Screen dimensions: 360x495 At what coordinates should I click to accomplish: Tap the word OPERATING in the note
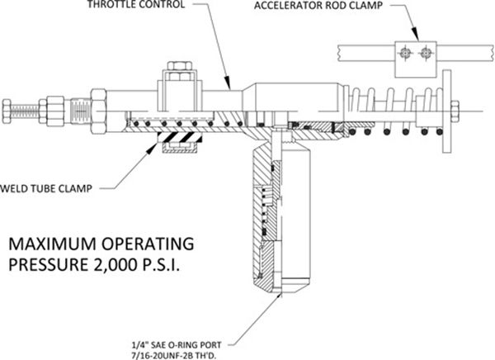148,244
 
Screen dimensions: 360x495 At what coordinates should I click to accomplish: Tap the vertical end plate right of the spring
447,111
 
